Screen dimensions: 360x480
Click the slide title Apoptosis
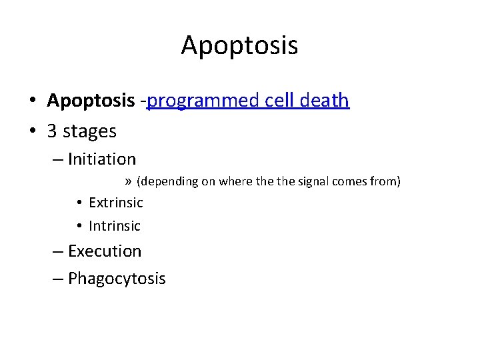(x=239, y=45)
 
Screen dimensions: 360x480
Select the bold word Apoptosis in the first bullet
(x=91, y=101)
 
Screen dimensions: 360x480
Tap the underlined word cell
(x=264, y=101)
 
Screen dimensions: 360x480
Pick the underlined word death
(x=319, y=101)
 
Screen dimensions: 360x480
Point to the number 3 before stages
(x=52, y=131)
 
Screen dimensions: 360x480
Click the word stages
(x=89, y=132)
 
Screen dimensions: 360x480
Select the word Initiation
(x=101, y=159)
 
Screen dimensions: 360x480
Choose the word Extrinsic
(x=115, y=203)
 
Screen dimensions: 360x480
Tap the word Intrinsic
(x=115, y=226)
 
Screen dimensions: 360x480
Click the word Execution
(x=105, y=251)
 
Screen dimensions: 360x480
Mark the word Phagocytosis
(x=117, y=279)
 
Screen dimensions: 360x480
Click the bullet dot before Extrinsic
(x=79, y=203)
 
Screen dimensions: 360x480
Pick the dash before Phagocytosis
(x=57, y=279)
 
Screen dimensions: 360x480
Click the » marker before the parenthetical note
(x=128, y=182)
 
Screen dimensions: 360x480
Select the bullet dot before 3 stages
(x=32, y=132)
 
